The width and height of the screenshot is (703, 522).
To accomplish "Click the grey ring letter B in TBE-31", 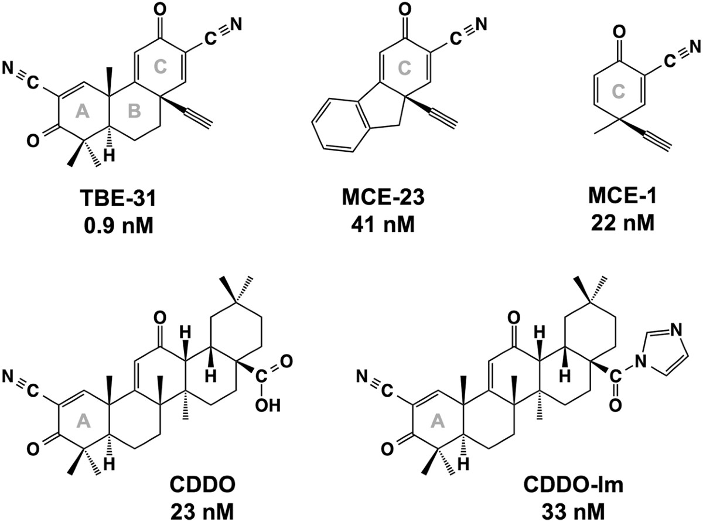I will tap(135, 113).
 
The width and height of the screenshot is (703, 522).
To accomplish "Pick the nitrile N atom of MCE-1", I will tap(696, 46).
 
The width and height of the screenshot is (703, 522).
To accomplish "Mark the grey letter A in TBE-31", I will tap(82, 113).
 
